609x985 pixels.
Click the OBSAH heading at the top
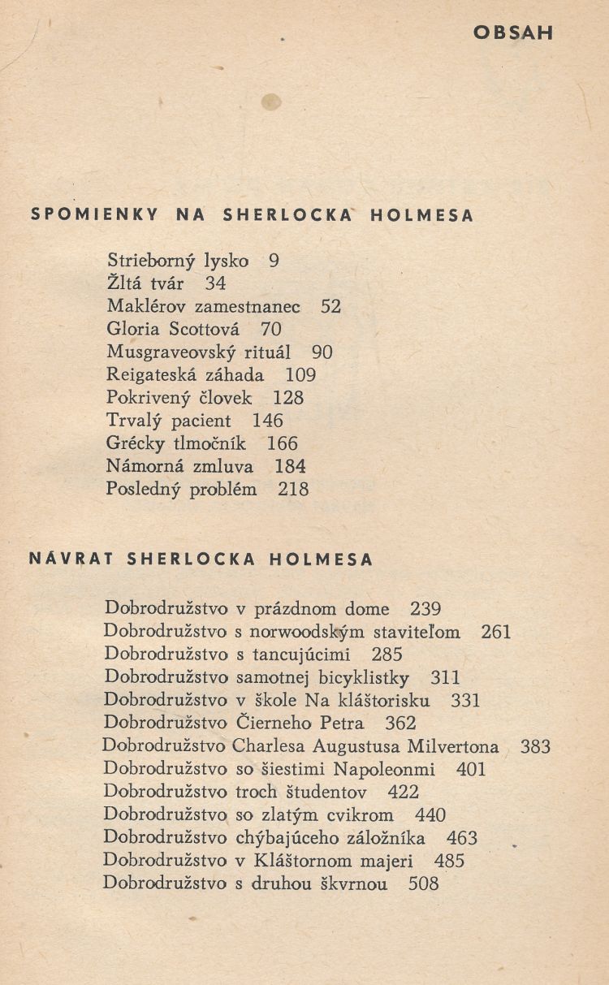512,33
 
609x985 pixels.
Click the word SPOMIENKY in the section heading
93,216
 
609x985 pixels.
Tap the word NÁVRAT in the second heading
67,559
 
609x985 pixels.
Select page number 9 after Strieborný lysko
274,261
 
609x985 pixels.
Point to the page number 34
215,283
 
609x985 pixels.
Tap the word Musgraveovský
158,352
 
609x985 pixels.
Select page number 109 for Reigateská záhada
300,375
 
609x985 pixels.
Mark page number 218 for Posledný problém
293,490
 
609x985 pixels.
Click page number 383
535,746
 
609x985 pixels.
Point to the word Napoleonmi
383,769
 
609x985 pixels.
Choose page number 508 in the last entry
423,883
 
